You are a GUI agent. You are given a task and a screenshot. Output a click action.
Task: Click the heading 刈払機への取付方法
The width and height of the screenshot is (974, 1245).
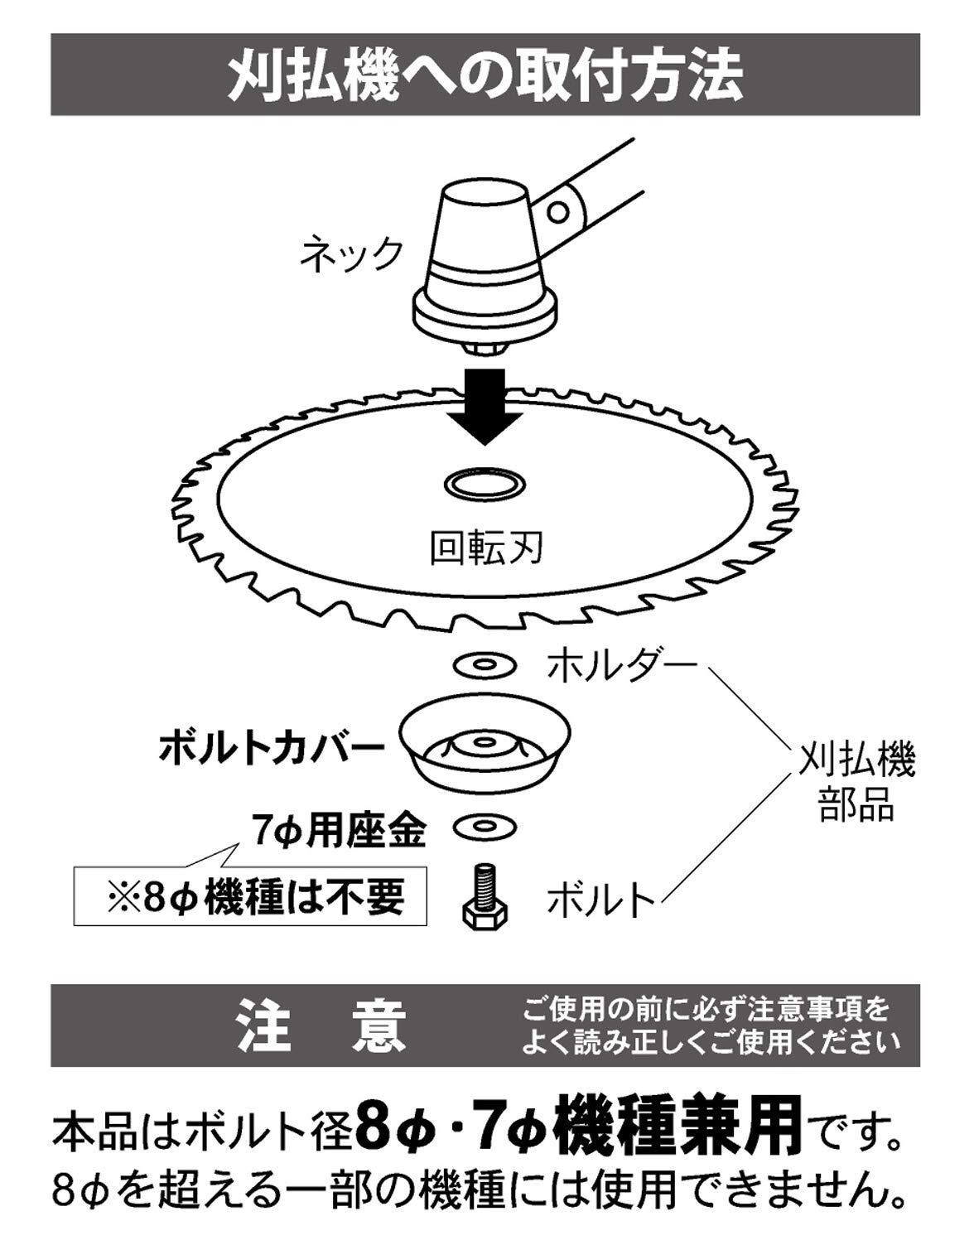[485, 75]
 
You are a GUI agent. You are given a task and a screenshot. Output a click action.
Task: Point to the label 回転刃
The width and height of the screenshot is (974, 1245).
[485, 548]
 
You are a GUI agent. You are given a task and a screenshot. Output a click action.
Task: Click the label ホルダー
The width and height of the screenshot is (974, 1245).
[618, 664]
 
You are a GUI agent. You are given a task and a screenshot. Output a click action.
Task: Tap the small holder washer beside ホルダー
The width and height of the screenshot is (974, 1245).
[485, 664]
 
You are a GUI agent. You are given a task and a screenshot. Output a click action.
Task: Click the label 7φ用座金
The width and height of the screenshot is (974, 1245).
[340, 830]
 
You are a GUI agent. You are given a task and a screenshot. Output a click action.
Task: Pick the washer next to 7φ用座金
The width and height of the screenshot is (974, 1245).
[485, 826]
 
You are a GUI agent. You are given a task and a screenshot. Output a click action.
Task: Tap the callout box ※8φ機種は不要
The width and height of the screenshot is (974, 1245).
[251, 897]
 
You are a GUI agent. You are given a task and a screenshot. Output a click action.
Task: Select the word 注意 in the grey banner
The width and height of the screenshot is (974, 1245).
[322, 1025]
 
